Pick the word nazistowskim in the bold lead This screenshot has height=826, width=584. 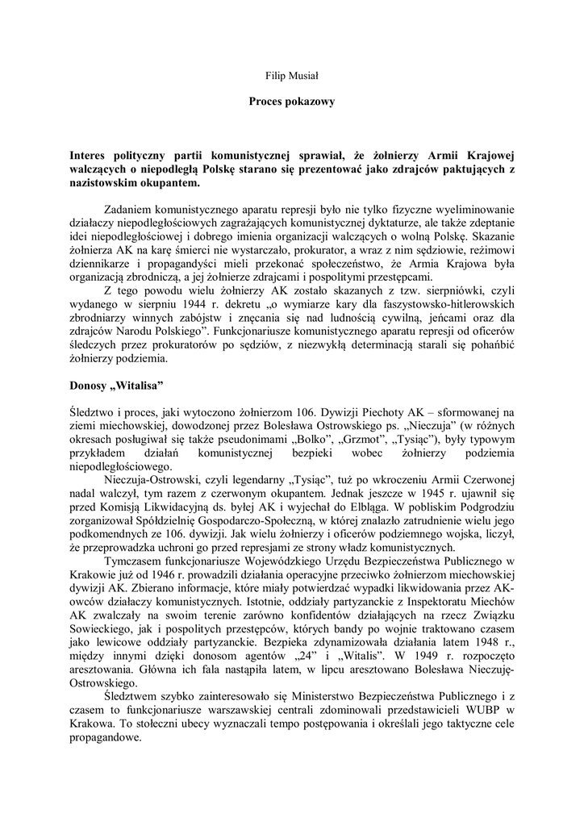(104, 182)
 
